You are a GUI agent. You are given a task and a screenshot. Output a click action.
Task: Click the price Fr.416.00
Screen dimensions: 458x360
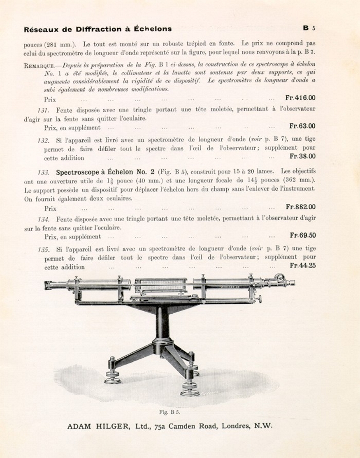pyautogui.click(x=300, y=98)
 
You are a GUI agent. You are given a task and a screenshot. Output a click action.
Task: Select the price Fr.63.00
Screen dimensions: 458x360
pyautogui.click(x=302, y=126)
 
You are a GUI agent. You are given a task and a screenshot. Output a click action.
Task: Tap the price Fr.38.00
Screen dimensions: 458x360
pyautogui.click(x=302, y=156)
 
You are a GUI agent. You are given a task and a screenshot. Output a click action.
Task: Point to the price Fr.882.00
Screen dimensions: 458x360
pyautogui.click(x=301, y=207)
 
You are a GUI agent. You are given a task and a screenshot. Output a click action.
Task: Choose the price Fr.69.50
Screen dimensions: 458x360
pyautogui.click(x=302, y=235)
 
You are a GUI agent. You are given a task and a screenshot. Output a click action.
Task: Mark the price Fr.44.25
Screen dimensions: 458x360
pyautogui.click(x=302, y=266)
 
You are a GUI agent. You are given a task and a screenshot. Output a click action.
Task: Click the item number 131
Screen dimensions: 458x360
pyautogui.click(x=43, y=110)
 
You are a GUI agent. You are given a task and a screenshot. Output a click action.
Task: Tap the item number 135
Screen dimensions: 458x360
pyautogui.click(x=43, y=250)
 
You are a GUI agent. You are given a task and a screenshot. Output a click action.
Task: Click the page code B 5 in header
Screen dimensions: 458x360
pyautogui.click(x=309, y=28)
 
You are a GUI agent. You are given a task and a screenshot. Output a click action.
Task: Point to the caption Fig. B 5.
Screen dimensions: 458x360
pyautogui.click(x=169, y=412)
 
